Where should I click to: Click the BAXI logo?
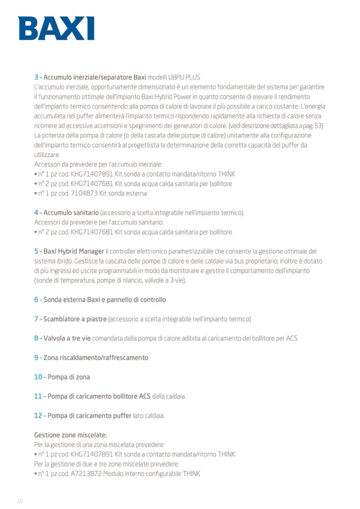pos(56,29)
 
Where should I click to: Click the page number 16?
pos(20,501)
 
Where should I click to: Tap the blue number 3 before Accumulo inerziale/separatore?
pos(36,77)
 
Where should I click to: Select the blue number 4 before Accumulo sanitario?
pos(36,213)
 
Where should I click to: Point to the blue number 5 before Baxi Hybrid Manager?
pos(36,251)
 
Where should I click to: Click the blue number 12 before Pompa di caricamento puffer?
pos(38,416)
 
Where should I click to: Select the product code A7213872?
pos(85,473)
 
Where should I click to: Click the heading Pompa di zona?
pos(69,377)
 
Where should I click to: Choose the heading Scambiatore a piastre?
pos(75,319)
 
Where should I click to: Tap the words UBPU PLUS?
pos(185,77)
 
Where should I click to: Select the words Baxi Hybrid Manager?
pos(74,251)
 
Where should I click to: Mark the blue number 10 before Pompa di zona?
pos(38,377)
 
